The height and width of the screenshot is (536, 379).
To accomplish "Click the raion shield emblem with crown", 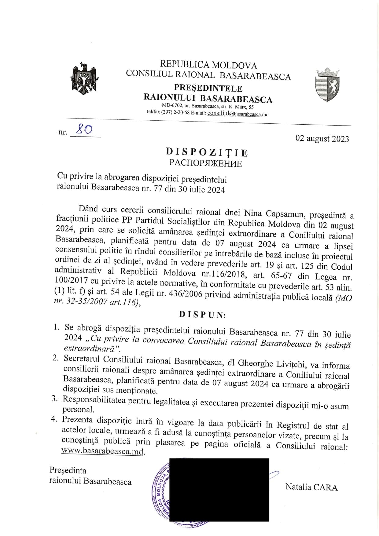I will coord(327,85).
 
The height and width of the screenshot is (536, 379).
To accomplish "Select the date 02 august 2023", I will coord(322,139).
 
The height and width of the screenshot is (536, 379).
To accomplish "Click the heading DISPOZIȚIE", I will coord(207,152).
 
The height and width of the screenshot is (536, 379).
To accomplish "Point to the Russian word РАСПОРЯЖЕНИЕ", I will coord(206,163).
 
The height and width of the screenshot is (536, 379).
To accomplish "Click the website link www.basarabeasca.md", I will coord(103,451).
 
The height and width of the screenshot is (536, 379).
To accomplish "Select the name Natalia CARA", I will coord(311,487).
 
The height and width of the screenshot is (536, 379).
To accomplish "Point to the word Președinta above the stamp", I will coord(68,470).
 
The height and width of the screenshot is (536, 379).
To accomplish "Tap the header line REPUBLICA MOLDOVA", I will coord(208,65).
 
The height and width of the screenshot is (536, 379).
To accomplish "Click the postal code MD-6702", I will coord(173,106).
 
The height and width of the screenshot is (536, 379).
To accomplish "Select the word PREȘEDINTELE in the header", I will coord(208,88).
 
